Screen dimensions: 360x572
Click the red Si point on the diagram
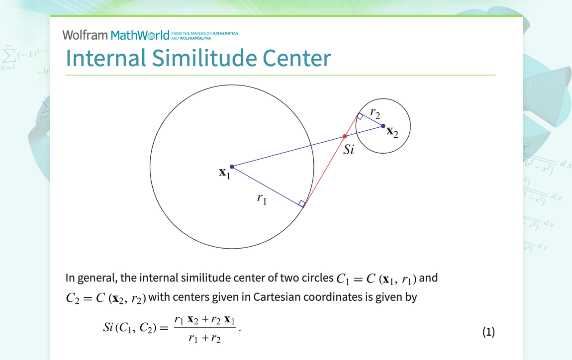pos(344,136)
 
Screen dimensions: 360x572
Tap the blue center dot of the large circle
pos(232,167)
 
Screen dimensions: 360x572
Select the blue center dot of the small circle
pos(383,126)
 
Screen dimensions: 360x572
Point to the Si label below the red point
pos(349,149)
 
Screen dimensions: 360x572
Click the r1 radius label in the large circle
pos(262,198)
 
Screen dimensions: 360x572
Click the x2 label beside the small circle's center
pos(392,132)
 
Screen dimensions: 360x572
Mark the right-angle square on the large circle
pos(301,203)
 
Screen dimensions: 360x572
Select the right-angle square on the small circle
pos(360,116)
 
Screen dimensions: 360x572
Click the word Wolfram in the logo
pos(85,35)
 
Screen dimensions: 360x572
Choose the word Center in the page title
pos(297,58)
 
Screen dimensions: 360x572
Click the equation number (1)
pos(488,332)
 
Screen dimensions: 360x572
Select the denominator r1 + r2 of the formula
pos(204,339)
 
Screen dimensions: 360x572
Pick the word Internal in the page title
pos(105,58)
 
